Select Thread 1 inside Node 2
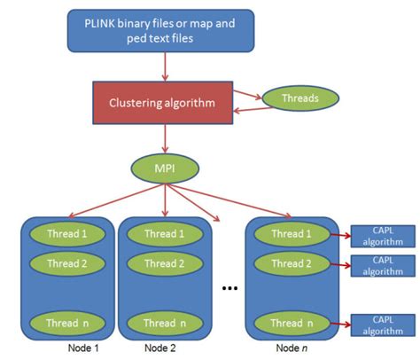[x=162, y=234]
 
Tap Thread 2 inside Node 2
[x=162, y=263]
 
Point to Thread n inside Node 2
[x=162, y=323]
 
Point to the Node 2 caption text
[x=162, y=348]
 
